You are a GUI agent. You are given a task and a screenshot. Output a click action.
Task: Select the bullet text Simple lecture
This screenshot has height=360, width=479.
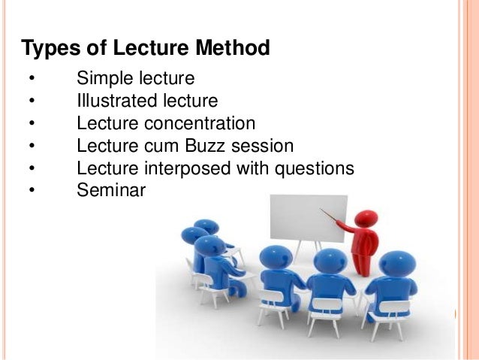point(136,78)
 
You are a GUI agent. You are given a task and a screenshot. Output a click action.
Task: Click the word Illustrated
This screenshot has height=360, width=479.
point(115,100)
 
